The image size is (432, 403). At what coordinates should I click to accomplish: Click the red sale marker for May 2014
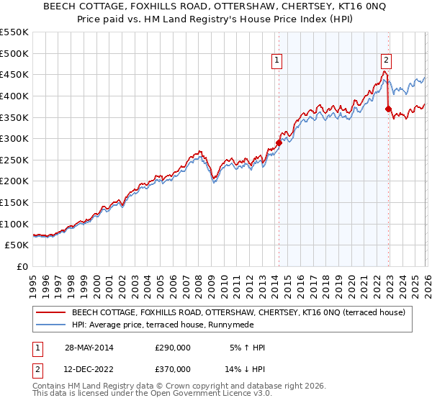279,143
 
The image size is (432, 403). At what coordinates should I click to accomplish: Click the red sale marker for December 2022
388,109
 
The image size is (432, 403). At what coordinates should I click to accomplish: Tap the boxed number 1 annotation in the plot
277,61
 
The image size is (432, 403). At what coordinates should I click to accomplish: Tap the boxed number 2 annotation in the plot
387,61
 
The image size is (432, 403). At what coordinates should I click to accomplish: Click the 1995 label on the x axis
33,282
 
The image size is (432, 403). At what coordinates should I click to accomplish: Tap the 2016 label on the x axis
300,282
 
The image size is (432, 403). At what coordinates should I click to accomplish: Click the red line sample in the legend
50,313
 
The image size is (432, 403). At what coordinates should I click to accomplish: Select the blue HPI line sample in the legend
50,325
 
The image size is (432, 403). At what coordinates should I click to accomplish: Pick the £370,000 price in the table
173,369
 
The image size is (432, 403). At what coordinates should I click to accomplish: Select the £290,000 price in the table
173,348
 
